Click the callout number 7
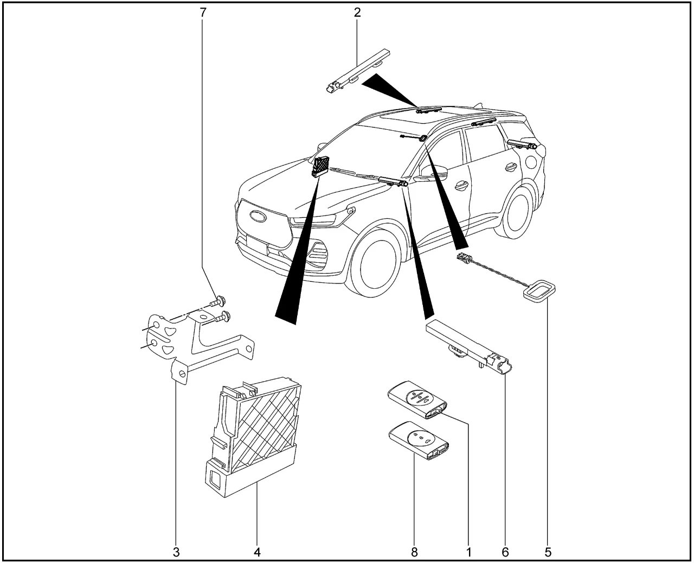point(203,12)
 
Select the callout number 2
point(357,12)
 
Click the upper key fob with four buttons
point(417,399)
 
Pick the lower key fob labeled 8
point(419,445)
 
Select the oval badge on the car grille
point(258,217)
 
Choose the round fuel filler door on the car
point(531,161)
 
